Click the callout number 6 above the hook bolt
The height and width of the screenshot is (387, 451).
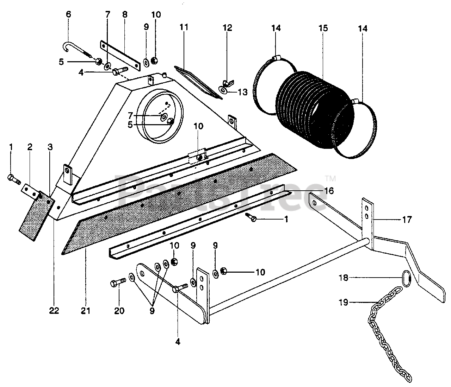(x=68, y=14)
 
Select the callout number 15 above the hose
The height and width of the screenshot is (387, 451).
(x=323, y=28)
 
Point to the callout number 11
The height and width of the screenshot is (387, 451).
(x=184, y=27)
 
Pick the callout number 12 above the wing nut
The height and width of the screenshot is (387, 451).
(x=228, y=28)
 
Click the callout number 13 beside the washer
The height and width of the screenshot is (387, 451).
(x=242, y=92)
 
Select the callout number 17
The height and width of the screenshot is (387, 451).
(x=407, y=220)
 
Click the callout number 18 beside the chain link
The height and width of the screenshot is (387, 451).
(x=344, y=278)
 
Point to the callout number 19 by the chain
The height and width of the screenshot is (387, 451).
(x=344, y=302)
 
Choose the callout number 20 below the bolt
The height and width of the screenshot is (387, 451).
(x=119, y=311)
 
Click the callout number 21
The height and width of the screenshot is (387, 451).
(x=86, y=311)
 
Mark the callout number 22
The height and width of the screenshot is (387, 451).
(x=54, y=311)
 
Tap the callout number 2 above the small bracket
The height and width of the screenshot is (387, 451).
(x=30, y=147)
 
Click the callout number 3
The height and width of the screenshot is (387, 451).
(x=50, y=147)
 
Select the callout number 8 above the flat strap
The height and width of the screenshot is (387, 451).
(x=124, y=14)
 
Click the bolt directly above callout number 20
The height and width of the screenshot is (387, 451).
(x=119, y=283)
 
